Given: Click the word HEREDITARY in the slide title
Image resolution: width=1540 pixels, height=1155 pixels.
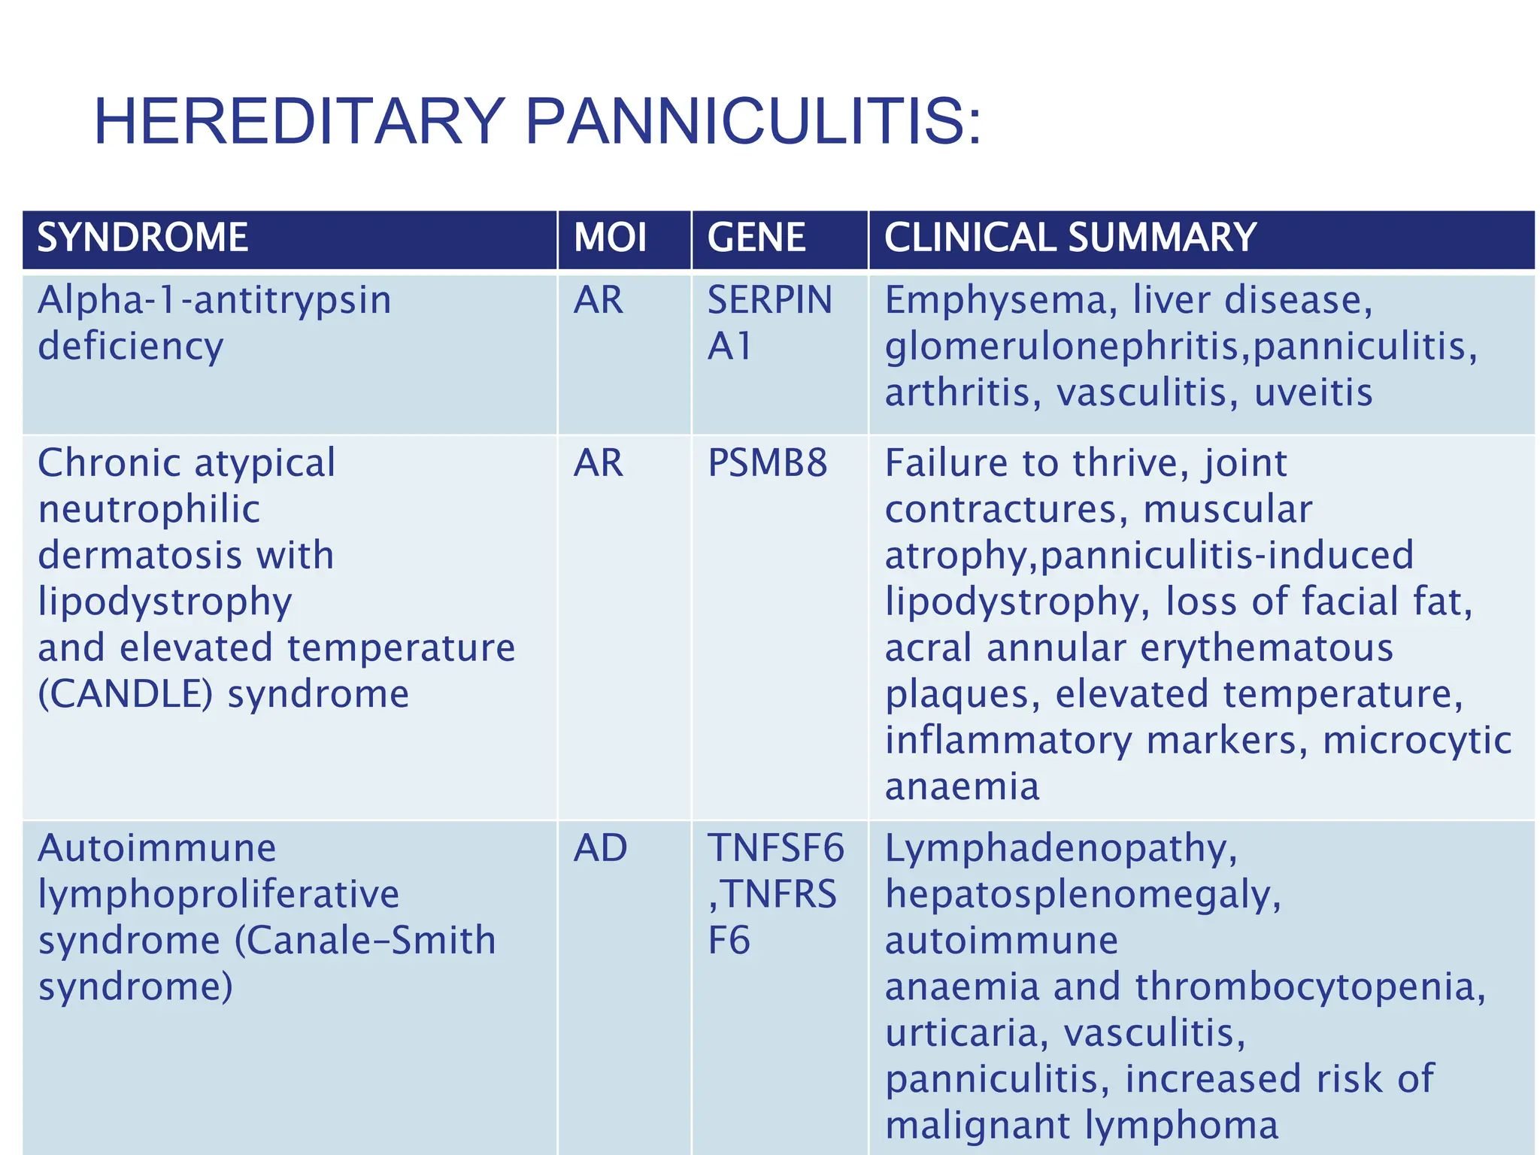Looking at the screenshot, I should coord(299,122).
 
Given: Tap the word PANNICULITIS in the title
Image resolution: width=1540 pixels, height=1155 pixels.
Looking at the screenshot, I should coord(753,122).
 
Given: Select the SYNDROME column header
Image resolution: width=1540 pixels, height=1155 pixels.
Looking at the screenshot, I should coord(143,238).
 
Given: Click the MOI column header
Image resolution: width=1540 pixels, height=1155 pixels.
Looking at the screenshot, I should coord(610,238).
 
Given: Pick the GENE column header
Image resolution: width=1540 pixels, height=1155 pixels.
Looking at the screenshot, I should coord(756,238).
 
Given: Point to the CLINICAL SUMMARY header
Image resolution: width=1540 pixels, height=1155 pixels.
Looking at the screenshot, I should coord(1070,238).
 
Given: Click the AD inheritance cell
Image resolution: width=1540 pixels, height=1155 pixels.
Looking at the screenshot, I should coord(600,848).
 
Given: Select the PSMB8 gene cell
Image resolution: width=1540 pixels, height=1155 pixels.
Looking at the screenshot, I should coord(767,463).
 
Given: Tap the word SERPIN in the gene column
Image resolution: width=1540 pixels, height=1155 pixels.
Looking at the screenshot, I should coord(770,300).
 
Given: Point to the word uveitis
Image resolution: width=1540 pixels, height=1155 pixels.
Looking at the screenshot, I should coord(1313,393).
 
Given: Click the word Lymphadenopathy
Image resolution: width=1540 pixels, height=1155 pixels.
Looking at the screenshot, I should coord(1061,848).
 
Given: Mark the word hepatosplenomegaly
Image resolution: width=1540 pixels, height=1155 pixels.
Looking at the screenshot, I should coord(1083,895).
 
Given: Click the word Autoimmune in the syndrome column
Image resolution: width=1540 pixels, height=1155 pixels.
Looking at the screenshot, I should coord(157,848).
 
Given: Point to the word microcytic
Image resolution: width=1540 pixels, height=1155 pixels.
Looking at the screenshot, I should coord(1417,740).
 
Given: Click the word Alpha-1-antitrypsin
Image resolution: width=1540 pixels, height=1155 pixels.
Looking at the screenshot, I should coord(214,300).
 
